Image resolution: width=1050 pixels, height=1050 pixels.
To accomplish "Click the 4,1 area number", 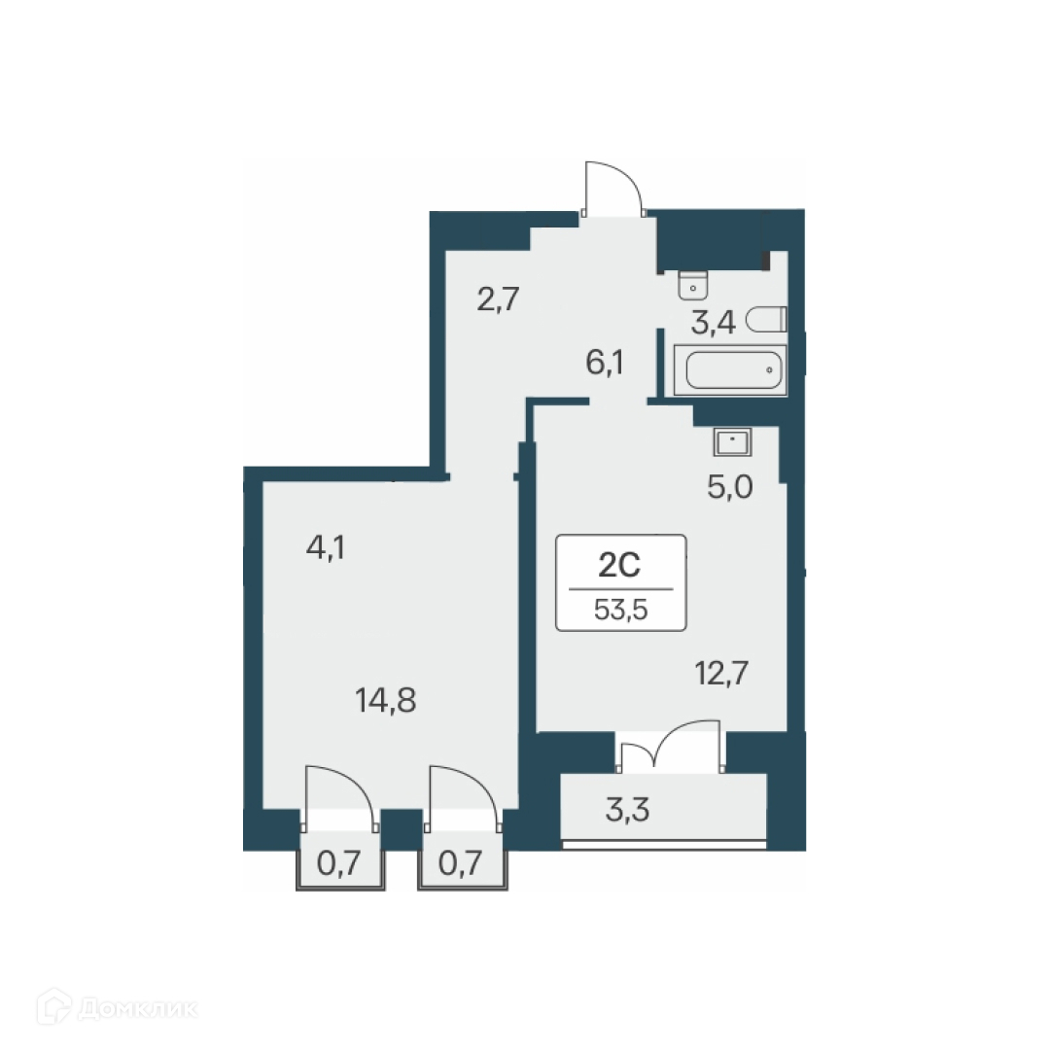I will (x=327, y=547).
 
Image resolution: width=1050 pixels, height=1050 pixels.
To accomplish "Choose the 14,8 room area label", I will (x=386, y=699).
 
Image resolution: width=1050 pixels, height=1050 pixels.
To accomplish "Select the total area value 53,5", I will (x=620, y=609).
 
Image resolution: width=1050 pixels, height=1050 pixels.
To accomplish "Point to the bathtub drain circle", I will (x=768, y=370).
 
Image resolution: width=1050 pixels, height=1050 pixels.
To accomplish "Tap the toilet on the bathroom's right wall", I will (x=772, y=319).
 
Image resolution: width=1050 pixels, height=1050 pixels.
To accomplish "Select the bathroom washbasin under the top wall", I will (x=692, y=284).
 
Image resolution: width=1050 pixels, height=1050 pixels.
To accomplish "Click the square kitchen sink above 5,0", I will (x=731, y=442).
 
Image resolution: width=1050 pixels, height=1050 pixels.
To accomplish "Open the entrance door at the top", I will (x=612, y=191).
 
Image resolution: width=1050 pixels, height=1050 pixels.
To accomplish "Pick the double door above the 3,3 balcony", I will (x=671, y=749).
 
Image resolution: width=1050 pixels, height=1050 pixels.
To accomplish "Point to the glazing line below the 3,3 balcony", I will (x=665, y=845).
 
